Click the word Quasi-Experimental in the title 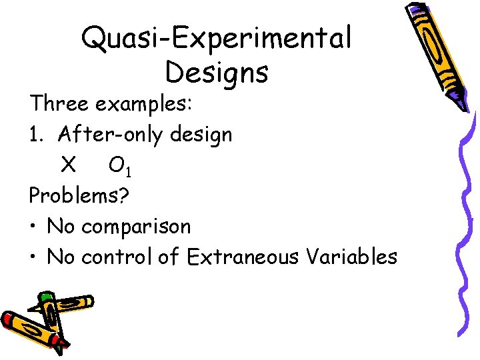pyautogui.click(x=216, y=39)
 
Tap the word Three pyautogui.click(x=59, y=105)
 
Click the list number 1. pyautogui.click(x=35, y=135)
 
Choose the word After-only pyautogui.click(x=111, y=135)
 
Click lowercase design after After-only pyautogui.click(x=201, y=135)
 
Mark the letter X pyautogui.click(x=68, y=165)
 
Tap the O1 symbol pyautogui.click(x=119, y=167)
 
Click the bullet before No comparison pyautogui.click(x=33, y=227)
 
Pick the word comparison pyautogui.click(x=136, y=227)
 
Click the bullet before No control pyautogui.click(x=33, y=257)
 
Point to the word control pyautogui.click(x=117, y=257)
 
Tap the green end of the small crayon pyautogui.click(x=45, y=297)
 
